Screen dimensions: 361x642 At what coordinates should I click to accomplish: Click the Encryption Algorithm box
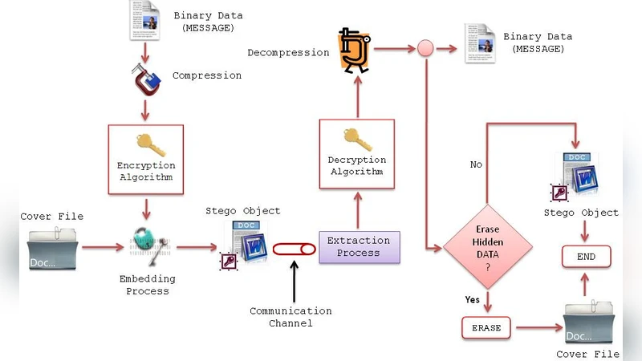[x=146, y=159]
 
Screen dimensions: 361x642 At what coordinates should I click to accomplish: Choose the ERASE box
[x=486, y=328]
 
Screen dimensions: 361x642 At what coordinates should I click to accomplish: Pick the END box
[x=585, y=257]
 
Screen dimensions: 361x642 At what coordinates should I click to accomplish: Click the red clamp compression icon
[x=147, y=79]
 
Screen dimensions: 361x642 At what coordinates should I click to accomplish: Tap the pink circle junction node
[x=425, y=49]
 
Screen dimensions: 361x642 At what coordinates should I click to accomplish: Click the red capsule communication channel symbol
[x=294, y=249]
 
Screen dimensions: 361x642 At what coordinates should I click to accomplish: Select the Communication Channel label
[x=291, y=317]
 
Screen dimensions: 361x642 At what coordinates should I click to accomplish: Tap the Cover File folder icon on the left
[x=53, y=248]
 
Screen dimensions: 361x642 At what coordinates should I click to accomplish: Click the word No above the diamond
[x=476, y=164]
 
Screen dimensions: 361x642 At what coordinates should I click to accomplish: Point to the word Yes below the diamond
[x=473, y=299]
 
